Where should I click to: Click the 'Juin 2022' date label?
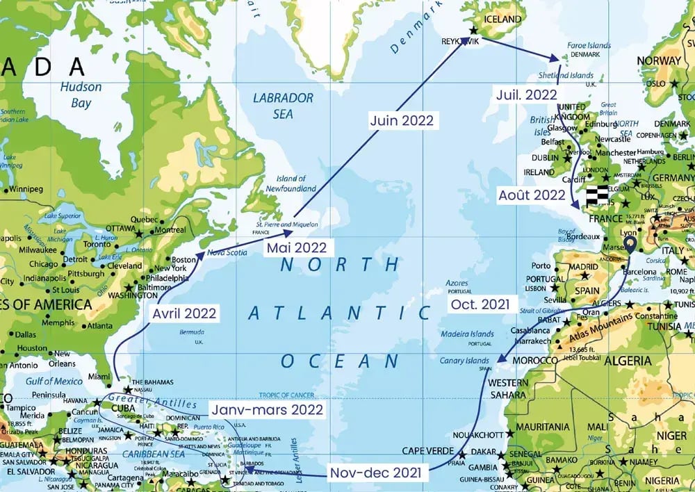pyautogui.click(x=402, y=120)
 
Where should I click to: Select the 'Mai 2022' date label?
pyautogui.click(x=297, y=247)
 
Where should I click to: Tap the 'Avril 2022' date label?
pyautogui.click(x=183, y=313)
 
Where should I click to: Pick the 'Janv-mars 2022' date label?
pyautogui.click(x=267, y=409)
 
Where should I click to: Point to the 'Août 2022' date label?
pyautogui.click(x=532, y=195)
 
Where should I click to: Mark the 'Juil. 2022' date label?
pyautogui.click(x=525, y=93)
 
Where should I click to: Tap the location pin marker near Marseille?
pyautogui.click(x=630, y=245)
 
